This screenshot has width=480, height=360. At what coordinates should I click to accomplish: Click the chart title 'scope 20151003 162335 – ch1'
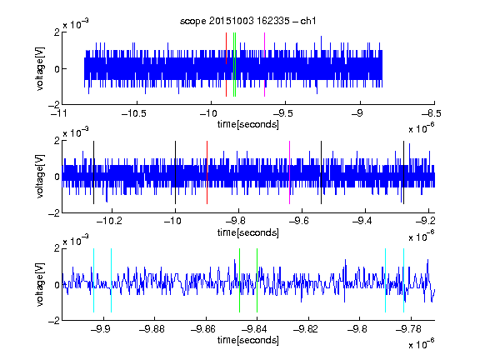248,21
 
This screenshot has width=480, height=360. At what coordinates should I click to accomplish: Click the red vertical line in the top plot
226,64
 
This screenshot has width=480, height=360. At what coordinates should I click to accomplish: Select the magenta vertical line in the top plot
264,64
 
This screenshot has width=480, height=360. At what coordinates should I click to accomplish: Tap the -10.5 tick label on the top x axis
134,113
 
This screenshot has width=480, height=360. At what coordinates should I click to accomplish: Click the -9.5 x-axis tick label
282,113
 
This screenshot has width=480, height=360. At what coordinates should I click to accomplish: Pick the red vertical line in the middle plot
207,172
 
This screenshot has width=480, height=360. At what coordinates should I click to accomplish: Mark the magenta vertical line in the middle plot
290,172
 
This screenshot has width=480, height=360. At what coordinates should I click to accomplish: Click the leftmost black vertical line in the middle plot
93,172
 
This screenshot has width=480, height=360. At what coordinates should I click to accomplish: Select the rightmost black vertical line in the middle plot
403,172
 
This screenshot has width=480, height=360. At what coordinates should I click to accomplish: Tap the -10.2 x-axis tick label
109,221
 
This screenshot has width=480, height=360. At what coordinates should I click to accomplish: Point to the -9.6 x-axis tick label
298,221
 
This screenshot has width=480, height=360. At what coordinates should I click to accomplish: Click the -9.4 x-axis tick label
362,221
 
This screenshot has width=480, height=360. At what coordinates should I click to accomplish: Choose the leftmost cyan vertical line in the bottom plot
93,280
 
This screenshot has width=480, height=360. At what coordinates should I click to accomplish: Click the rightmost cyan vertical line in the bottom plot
403,280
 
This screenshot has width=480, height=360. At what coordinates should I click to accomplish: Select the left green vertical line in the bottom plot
239,280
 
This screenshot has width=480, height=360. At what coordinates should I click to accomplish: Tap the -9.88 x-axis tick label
152,329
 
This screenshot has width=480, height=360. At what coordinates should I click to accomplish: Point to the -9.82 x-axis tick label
306,329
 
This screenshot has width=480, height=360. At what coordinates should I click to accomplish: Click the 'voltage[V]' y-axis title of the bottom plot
40,284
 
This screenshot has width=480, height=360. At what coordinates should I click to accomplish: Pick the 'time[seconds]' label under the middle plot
248,232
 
